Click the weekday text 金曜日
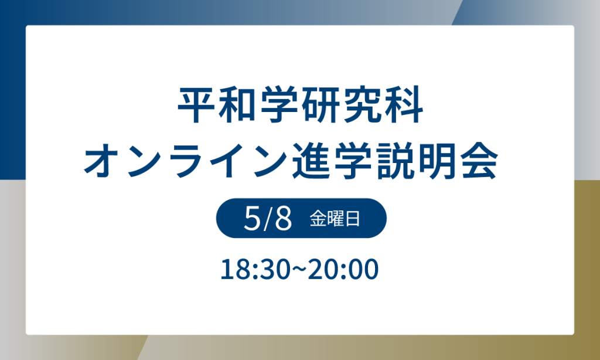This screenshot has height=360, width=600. click(335, 220)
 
